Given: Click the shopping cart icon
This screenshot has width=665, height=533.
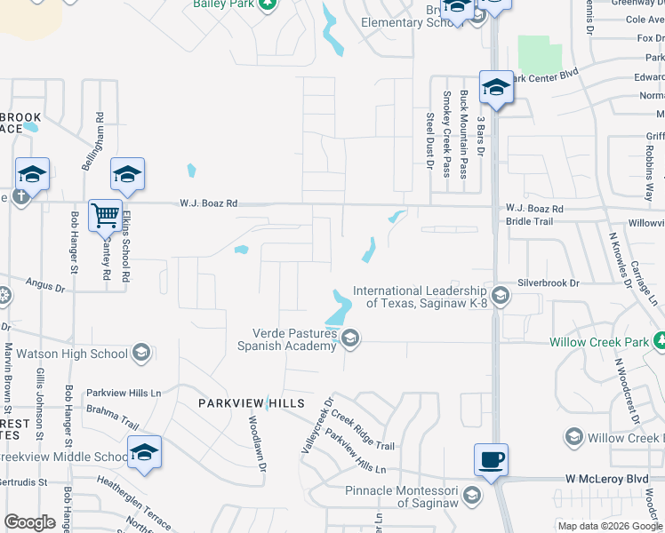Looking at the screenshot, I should click(x=106, y=214).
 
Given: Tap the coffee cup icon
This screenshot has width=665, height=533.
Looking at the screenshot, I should click(x=491, y=459).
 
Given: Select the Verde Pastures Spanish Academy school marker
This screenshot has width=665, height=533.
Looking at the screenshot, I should click(x=351, y=338).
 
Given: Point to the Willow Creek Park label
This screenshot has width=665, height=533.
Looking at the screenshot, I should click(x=599, y=342).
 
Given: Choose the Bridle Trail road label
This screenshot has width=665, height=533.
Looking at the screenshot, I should click(x=529, y=222).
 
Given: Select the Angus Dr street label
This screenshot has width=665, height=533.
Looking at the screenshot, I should click(x=46, y=285).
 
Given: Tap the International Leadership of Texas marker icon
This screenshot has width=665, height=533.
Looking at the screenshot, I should click(x=501, y=296).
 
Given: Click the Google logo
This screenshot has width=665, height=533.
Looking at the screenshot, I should click(x=29, y=522).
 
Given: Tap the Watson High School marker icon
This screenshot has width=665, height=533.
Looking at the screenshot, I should click(x=140, y=354).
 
